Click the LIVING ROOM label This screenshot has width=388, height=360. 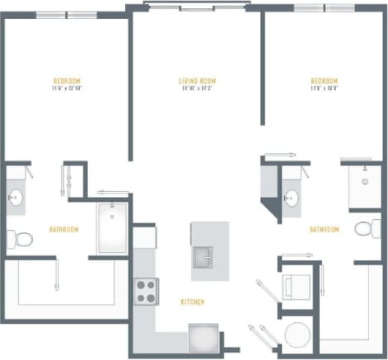click(x=197, y=81)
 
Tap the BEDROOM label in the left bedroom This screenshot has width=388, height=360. click(x=67, y=81)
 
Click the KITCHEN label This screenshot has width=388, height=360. click(x=193, y=302)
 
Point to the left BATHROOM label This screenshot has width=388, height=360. click(x=63, y=229)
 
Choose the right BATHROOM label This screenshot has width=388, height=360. click(x=325, y=229)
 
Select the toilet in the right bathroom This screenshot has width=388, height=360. click(x=366, y=228)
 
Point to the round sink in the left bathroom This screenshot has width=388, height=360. click(x=16, y=198)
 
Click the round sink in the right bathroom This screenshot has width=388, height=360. click(x=291, y=198)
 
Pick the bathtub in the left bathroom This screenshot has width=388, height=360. click(x=110, y=228)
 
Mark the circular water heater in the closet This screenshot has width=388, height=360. click(x=295, y=336)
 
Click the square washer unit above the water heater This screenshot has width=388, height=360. click(x=294, y=288)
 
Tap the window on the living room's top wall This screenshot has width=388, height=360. click(x=196, y=7)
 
